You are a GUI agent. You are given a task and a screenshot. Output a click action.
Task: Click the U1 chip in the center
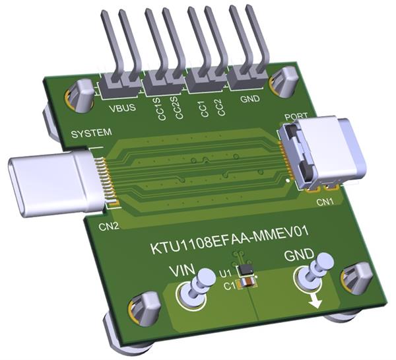click(x=246, y=271)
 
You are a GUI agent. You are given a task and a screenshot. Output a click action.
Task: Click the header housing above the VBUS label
click(x=120, y=85)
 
